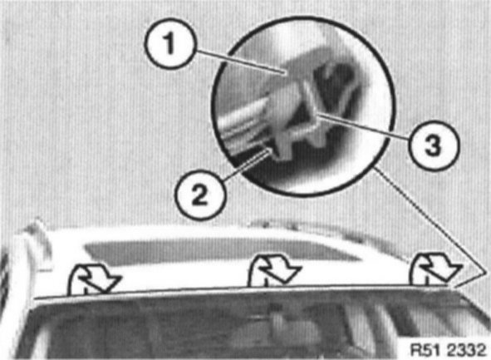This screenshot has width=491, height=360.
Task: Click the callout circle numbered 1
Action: click(x=170, y=43)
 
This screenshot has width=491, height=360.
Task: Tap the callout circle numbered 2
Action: click(x=199, y=195)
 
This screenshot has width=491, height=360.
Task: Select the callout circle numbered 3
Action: click(x=434, y=145)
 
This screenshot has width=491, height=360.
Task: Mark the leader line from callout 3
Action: click(x=364, y=127)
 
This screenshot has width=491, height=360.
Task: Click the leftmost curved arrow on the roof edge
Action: click(x=94, y=279)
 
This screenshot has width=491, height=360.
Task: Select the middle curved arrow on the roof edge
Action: click(x=274, y=270)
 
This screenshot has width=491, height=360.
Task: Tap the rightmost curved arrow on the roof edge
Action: click(x=436, y=269)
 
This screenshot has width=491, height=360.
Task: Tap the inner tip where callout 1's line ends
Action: click(x=287, y=73)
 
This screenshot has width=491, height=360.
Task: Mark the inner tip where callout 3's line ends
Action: click(x=317, y=115)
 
